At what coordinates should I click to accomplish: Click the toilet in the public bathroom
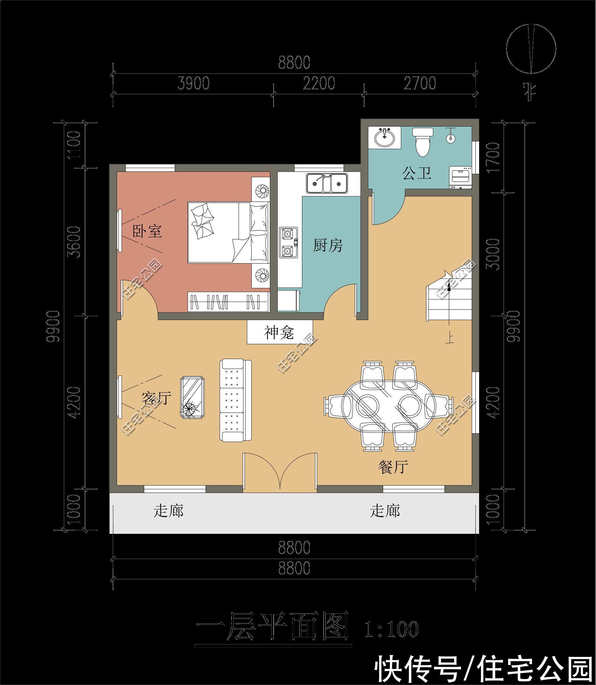(423, 142)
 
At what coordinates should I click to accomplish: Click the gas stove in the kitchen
(288, 243)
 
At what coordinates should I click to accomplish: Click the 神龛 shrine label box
(280, 332)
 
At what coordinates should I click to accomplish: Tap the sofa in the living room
(235, 400)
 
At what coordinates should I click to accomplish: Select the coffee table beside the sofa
(193, 397)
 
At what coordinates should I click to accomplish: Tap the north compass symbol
(531, 48)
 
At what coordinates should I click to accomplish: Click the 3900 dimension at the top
(194, 83)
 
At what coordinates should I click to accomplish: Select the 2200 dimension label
(319, 83)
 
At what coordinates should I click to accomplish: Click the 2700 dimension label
(420, 83)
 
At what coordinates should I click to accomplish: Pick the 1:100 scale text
(392, 630)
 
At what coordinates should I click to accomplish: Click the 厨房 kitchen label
(328, 246)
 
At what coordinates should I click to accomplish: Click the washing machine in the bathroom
(461, 178)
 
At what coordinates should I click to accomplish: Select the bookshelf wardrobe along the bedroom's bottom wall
(228, 302)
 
